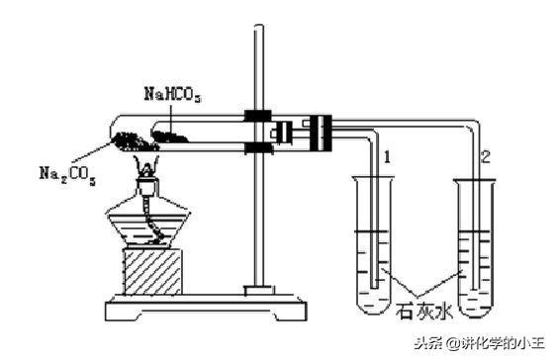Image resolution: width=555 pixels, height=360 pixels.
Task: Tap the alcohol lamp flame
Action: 148,156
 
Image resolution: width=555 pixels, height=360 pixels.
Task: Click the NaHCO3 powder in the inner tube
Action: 171,126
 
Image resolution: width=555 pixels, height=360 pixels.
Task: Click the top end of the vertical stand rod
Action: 260,30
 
